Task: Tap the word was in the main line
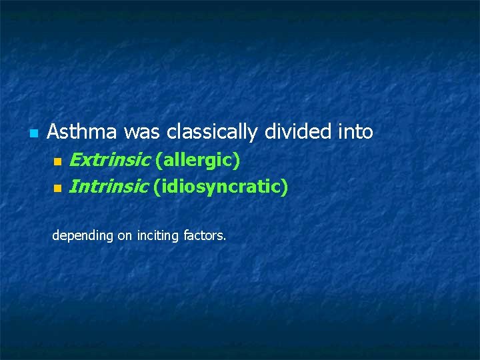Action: (141, 132)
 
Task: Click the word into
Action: (355, 132)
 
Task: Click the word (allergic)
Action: (197, 160)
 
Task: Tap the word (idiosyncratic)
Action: (221, 187)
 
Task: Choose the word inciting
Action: (158, 235)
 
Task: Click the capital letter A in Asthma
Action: (53, 132)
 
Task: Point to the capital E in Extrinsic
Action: (75, 160)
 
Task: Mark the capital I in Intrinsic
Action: (72, 187)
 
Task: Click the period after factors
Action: (225, 239)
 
